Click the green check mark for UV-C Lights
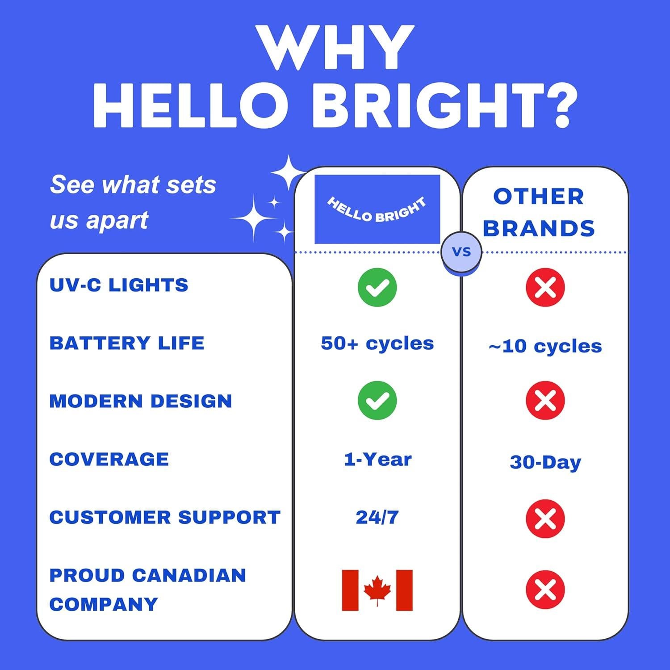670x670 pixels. tap(377, 287)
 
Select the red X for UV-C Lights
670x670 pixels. tap(545, 287)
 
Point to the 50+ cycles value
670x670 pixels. tap(377, 343)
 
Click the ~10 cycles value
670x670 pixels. tap(545, 346)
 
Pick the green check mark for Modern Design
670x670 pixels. tap(377, 400)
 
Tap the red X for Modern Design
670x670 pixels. tap(545, 400)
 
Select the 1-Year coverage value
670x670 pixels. tap(377, 459)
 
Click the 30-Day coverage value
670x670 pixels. tap(545, 462)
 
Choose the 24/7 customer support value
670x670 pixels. tap(377, 517)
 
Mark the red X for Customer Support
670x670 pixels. tap(545, 518)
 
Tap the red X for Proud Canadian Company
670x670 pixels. tap(545, 590)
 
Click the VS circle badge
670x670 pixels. tap(461, 252)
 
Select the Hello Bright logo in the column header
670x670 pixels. tap(377, 209)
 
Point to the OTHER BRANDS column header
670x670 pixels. tap(539, 213)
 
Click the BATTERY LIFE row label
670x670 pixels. tap(127, 343)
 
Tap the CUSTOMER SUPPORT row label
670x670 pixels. tap(165, 517)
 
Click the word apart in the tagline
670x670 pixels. tap(117, 220)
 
